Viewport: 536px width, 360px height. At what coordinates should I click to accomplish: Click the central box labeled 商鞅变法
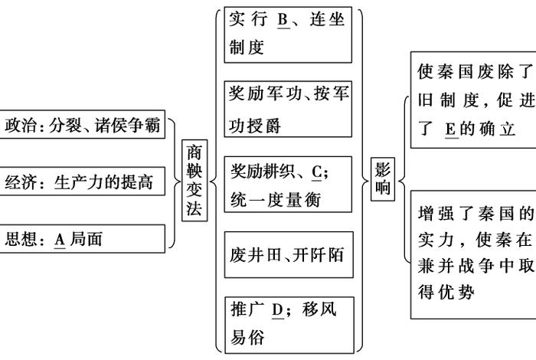pyautogui.click(x=195, y=182)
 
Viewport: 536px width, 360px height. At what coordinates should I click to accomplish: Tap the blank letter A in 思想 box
pyautogui.click(x=60, y=240)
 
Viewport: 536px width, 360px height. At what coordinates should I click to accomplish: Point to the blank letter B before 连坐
pyautogui.click(x=283, y=21)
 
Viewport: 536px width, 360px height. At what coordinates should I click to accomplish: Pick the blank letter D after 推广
pyautogui.click(x=278, y=310)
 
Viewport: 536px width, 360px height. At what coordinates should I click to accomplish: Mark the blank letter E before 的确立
pyautogui.click(x=449, y=129)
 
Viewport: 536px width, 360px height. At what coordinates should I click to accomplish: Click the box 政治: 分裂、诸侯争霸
pyautogui.click(x=83, y=126)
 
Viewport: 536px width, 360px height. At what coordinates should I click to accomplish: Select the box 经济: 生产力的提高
pyautogui.click(x=83, y=182)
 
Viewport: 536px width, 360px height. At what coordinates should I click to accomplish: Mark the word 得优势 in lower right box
pyautogui.click(x=446, y=292)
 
